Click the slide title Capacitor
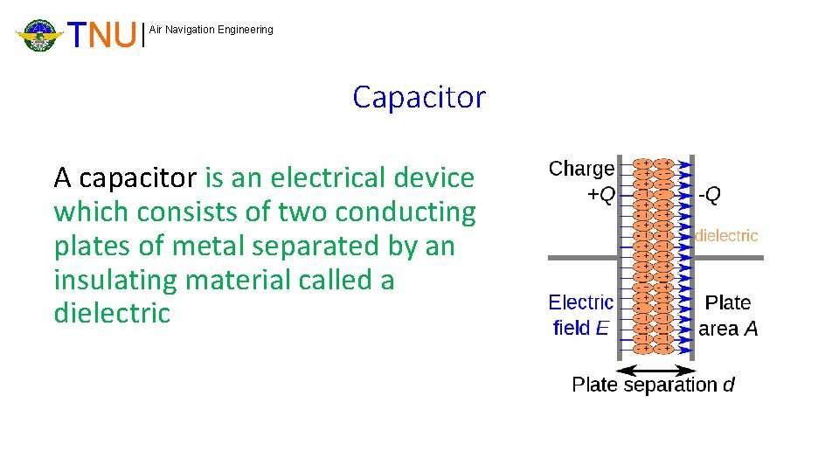coord(419,97)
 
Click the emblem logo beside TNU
coord(39,35)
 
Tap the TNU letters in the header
coord(103,35)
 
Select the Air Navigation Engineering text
coord(211,30)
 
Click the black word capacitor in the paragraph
coord(138,178)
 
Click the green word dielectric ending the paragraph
coord(112,314)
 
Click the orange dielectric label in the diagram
coord(726,235)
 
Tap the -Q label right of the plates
coord(710,195)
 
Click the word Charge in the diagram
coord(581,169)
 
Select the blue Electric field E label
coord(581,316)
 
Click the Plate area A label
coord(728,316)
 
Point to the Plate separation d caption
coord(653,385)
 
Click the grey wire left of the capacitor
coord(582,258)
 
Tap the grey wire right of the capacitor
coord(729,258)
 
